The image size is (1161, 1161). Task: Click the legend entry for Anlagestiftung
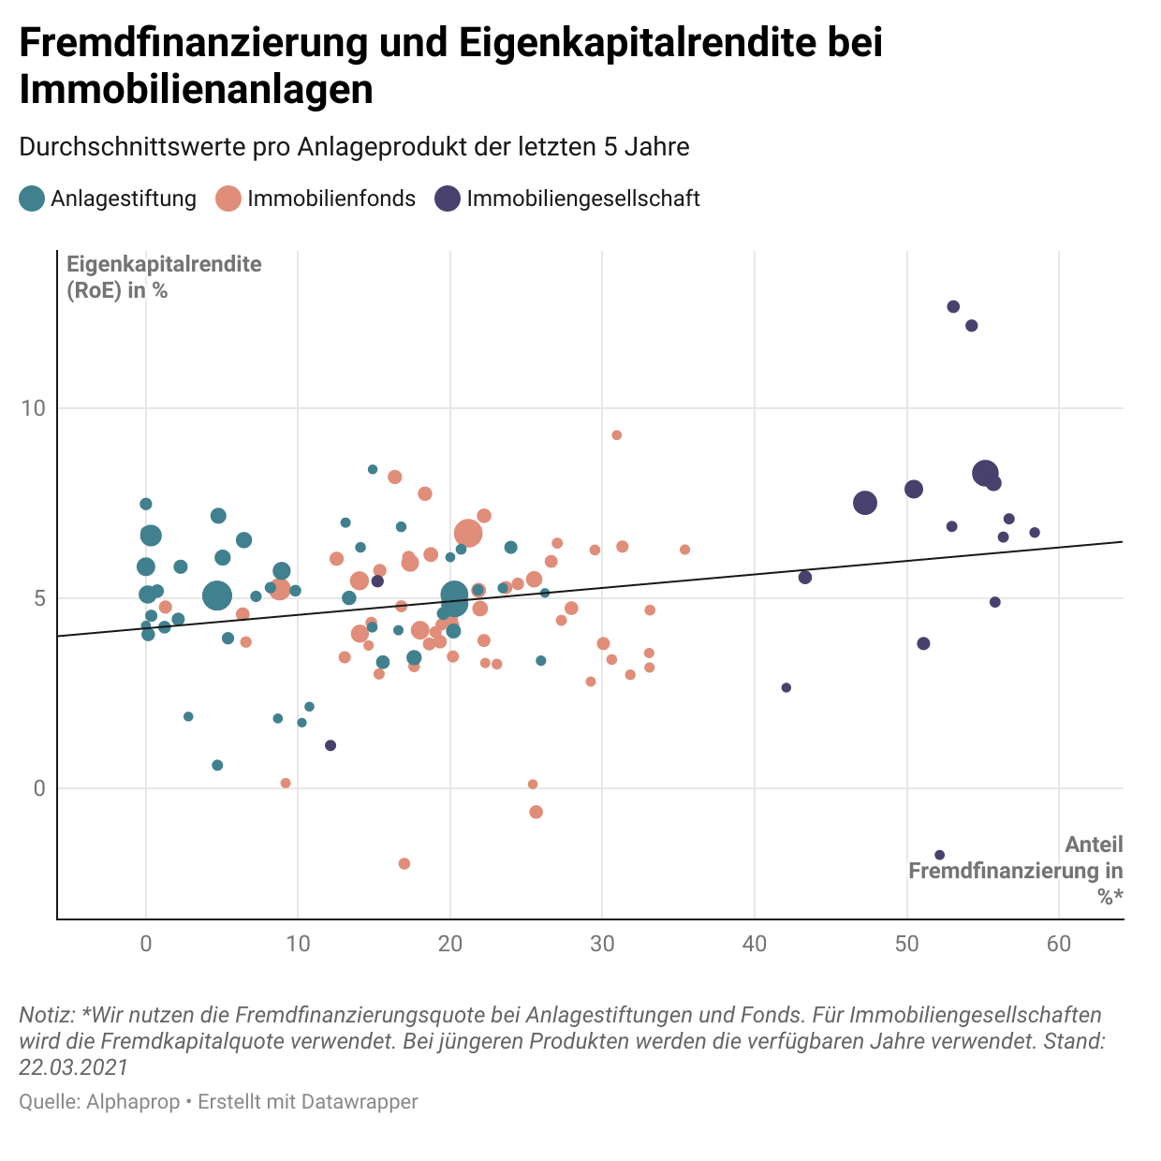109,198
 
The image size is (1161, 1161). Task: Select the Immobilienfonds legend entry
316,198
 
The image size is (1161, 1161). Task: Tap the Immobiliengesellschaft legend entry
567,198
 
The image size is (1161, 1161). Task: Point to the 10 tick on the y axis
34,408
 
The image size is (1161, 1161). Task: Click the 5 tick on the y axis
39,598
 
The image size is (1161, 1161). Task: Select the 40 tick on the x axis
755,944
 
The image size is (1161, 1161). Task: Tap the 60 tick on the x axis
1059,944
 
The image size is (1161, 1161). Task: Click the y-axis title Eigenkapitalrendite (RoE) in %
163,276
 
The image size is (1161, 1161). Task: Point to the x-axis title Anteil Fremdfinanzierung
1016,871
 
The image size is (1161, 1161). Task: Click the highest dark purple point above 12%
953,306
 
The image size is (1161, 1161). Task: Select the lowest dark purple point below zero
940,855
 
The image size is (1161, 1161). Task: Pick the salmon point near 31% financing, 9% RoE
616,435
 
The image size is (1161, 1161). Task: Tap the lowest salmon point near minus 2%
404,863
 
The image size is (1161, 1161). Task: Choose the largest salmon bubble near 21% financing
468,534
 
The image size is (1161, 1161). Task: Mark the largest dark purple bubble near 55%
985,474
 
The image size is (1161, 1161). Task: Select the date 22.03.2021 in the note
73,1067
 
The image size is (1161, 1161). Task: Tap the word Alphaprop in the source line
133,1102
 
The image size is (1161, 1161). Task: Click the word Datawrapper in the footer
360,1102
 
